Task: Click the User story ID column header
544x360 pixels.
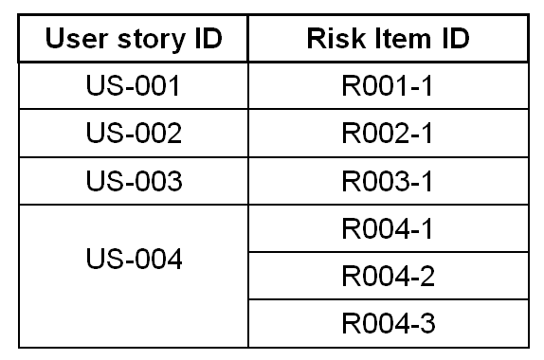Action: [134, 39]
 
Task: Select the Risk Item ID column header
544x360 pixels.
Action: [388, 38]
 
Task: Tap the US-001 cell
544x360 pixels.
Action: [134, 85]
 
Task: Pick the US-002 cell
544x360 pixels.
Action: [134, 133]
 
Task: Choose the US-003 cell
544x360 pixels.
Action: [134, 181]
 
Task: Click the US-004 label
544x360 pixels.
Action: [134, 259]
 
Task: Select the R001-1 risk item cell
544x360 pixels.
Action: [388, 85]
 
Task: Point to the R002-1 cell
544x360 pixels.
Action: [388, 133]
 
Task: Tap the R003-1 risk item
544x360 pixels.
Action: [388, 181]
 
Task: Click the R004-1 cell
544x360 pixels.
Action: [388, 228]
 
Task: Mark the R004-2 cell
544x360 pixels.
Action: [389, 276]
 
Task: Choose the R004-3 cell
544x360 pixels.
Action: [389, 323]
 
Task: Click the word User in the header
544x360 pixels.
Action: [77, 39]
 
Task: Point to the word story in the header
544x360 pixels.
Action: [152, 41]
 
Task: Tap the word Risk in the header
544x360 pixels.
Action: [336, 38]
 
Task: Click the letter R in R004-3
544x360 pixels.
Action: [352, 323]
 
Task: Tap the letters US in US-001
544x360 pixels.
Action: [104, 85]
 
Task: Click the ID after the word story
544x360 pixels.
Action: [209, 38]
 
